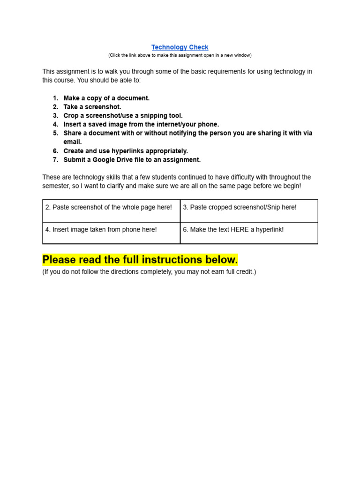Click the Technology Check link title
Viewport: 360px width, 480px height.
180,47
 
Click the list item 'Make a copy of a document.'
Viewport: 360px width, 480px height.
106,98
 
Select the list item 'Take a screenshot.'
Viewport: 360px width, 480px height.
92,107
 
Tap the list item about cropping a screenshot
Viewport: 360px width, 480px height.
123,116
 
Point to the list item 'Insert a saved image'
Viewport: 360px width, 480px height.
141,125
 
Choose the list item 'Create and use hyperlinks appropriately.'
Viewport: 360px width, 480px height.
126,151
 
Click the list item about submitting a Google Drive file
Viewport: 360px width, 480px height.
132,160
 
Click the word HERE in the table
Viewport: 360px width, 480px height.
240,230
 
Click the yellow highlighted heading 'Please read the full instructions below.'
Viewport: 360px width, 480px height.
140,260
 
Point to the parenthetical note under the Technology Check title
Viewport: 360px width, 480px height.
180,55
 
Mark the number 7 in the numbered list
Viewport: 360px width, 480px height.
55,160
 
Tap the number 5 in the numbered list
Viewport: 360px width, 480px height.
55,133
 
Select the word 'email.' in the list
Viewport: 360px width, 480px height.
73,142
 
